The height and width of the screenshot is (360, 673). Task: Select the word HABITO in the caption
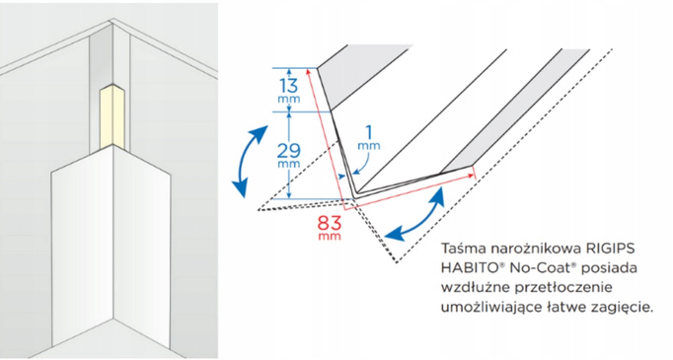(464, 269)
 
